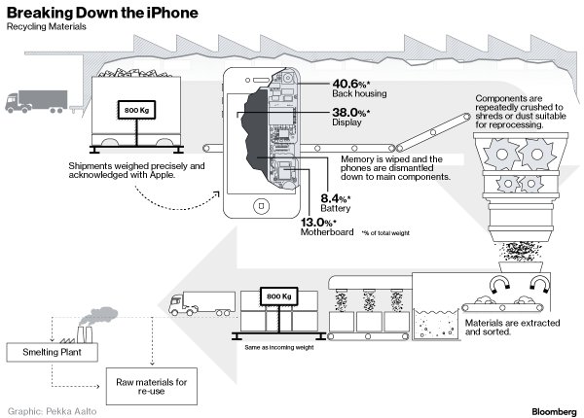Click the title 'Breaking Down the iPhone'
[x=103, y=13]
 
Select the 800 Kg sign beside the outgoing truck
[x=278, y=296]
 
